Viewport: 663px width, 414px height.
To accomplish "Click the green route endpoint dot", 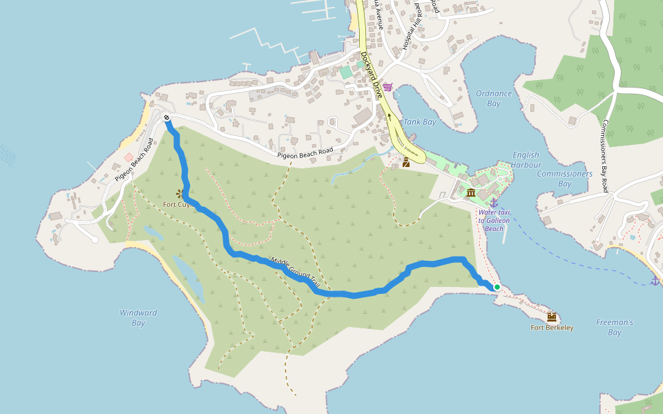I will tap(497, 287).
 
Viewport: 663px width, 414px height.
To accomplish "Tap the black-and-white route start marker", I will tap(167, 118).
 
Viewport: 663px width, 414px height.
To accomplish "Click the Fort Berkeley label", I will tap(552, 327).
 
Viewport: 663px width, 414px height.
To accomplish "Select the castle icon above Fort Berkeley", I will tap(552, 317).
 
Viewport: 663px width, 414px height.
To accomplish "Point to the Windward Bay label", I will tap(138, 317).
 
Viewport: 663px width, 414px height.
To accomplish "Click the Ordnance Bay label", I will tap(494, 98).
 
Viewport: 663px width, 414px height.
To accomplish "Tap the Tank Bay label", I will tap(420, 122).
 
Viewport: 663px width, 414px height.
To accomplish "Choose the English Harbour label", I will tap(526, 160).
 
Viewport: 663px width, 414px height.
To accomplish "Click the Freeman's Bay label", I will tap(615, 327).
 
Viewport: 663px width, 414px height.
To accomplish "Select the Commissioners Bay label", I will tap(564, 179).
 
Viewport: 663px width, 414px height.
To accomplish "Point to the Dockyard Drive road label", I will tap(373, 76).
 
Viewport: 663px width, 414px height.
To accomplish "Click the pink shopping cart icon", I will tap(387, 87).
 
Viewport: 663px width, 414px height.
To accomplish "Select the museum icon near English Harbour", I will tap(471, 193).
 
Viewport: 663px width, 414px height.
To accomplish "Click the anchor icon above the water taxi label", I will tap(494, 202).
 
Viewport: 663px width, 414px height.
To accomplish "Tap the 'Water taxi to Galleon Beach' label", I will tap(494, 220).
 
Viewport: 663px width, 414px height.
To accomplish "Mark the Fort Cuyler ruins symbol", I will tap(181, 194).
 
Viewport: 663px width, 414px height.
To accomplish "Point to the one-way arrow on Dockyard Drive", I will tap(390, 117).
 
